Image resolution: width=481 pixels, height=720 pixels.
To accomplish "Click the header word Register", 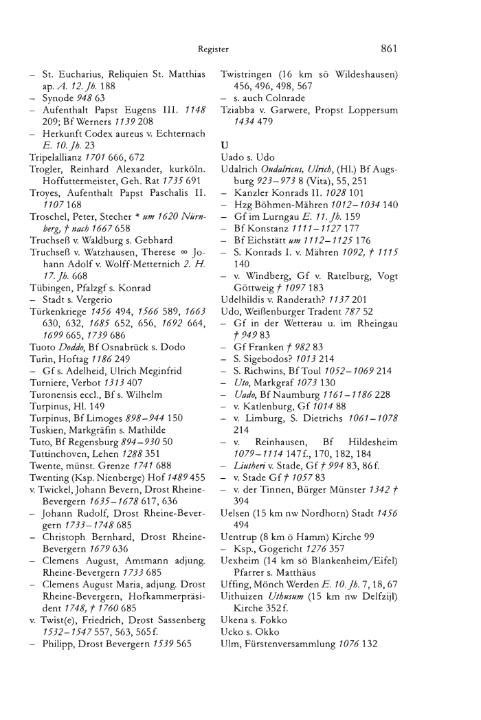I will click(x=213, y=49).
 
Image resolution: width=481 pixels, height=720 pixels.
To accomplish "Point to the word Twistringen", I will click(x=245, y=74).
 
